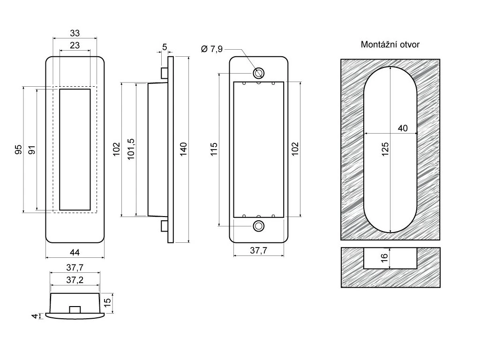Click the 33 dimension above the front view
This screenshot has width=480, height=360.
75,33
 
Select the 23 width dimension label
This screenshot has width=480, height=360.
75,45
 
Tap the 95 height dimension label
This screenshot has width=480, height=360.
18,150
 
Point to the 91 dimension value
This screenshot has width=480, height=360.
31,150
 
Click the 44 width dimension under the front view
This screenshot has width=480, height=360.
75,252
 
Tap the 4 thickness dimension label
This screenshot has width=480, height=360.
34,316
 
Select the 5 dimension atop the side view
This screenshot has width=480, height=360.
165,47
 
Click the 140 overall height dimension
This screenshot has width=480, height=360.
183,150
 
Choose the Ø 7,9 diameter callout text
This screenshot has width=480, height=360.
212,49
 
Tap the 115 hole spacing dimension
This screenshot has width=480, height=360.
214,150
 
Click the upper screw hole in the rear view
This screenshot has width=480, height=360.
258,73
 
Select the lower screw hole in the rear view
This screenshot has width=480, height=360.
258,226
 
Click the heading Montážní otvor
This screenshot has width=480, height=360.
390,45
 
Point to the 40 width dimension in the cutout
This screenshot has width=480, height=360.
402,128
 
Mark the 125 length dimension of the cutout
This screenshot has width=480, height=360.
385,150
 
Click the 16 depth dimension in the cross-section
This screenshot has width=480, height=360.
384,258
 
